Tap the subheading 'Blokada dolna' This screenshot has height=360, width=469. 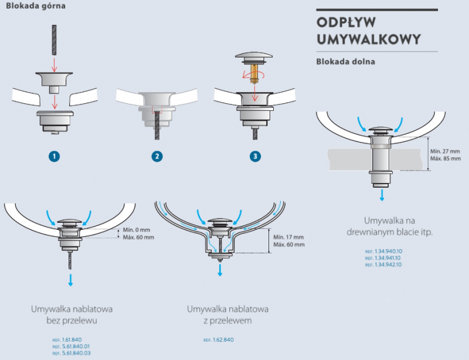point(345,61)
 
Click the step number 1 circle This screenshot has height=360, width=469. point(55,156)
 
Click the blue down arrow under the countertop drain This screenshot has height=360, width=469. point(382,195)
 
